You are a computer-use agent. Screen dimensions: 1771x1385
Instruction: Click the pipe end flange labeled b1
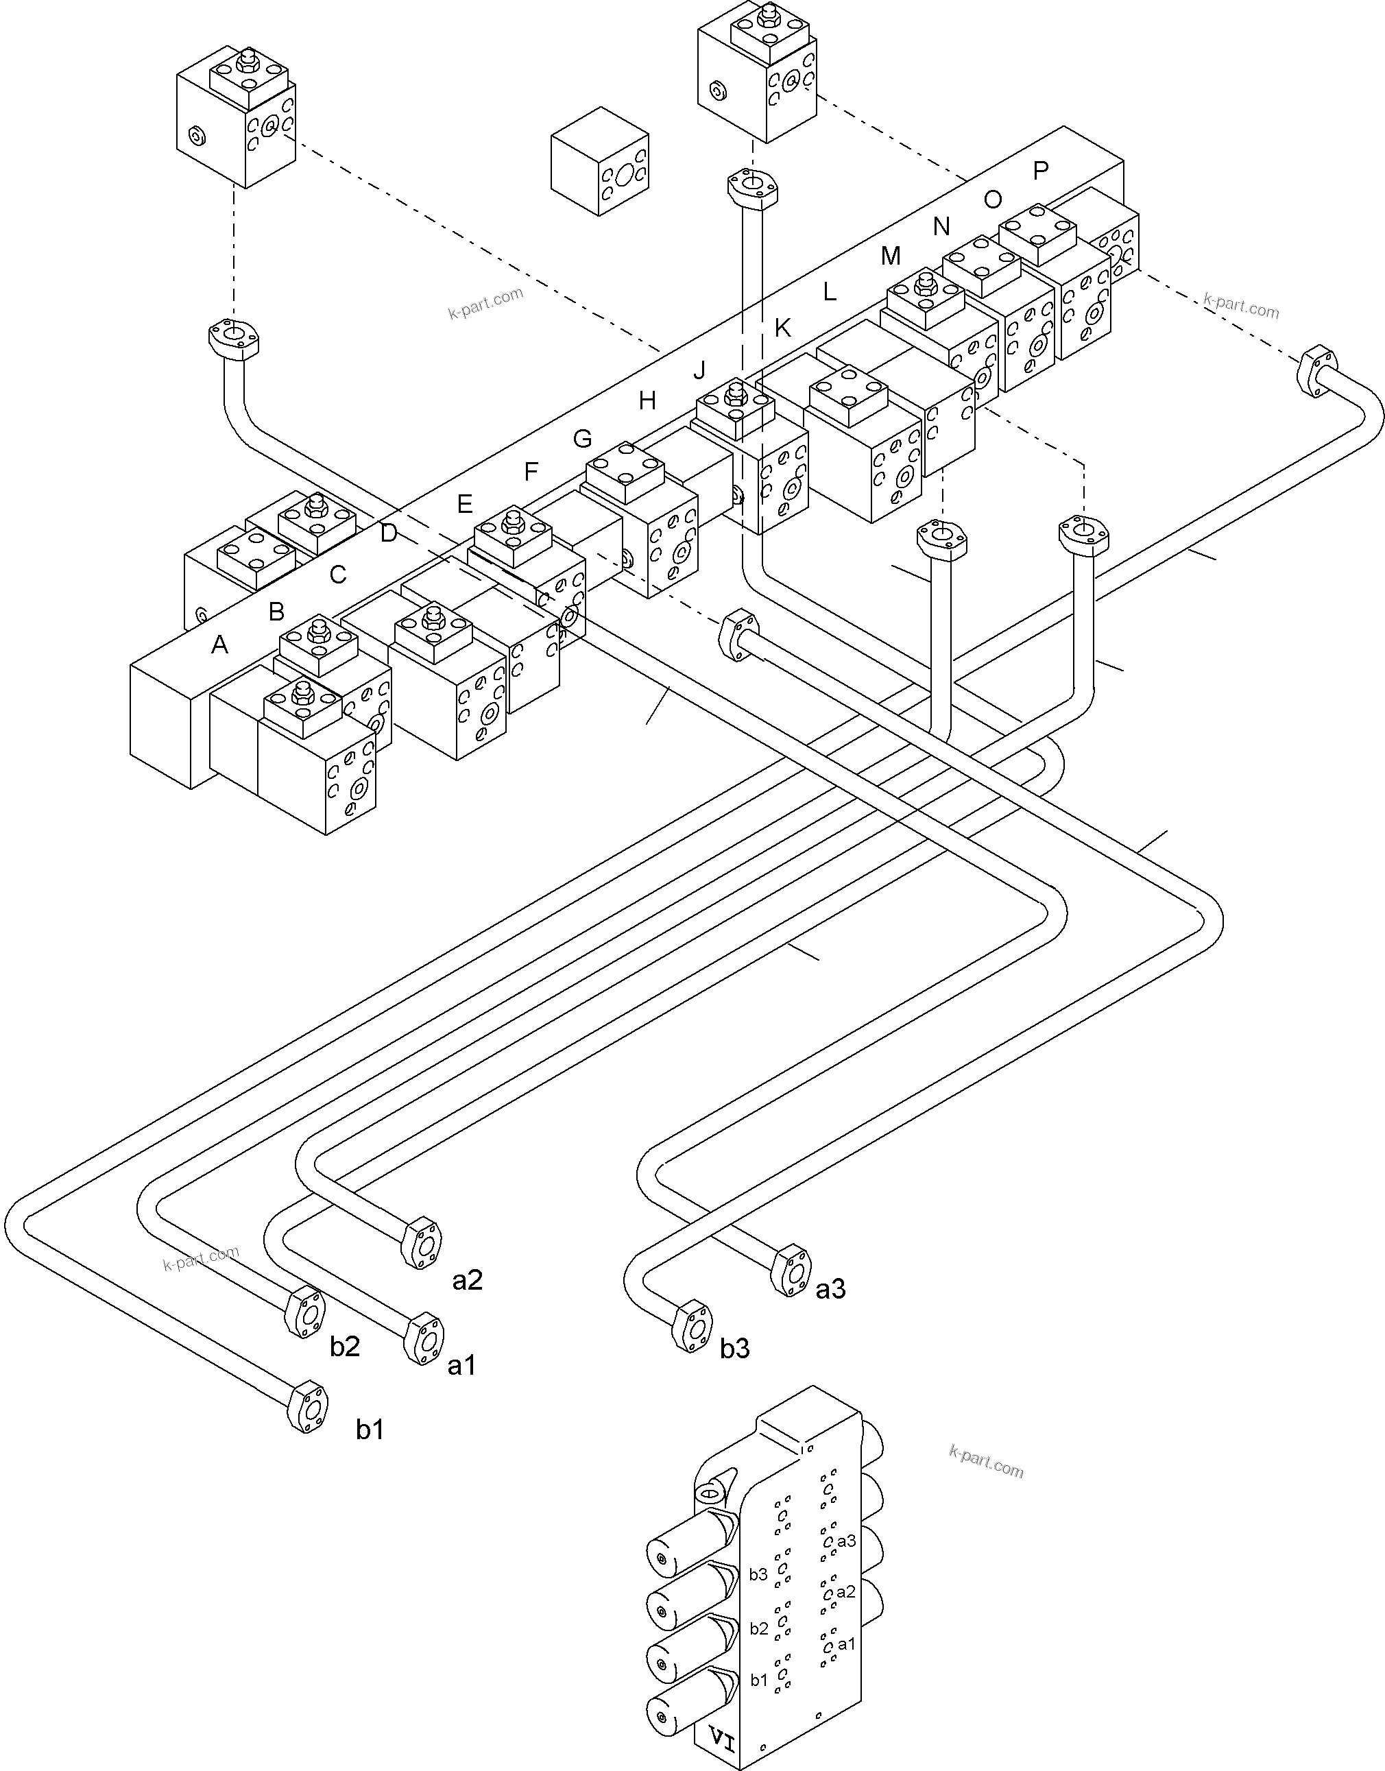pyautogui.click(x=309, y=1408)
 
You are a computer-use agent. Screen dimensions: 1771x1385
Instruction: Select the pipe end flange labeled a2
pyautogui.click(x=423, y=1243)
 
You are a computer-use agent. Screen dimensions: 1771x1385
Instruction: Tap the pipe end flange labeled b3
pyautogui.click(x=694, y=1327)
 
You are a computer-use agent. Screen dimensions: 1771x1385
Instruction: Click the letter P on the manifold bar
pyautogui.click(x=1040, y=170)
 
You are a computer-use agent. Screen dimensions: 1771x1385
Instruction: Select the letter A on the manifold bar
pyautogui.click(x=219, y=644)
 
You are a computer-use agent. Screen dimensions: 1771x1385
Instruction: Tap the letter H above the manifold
pyautogui.click(x=647, y=400)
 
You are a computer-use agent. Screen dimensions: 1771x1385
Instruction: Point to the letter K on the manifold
pyautogui.click(x=782, y=328)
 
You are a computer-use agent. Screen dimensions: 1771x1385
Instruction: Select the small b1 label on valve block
pyautogui.click(x=758, y=1680)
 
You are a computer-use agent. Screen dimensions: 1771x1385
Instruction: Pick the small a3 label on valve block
pyautogui.click(x=846, y=1541)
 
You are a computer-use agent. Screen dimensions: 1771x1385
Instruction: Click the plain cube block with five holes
pyautogui.click(x=600, y=161)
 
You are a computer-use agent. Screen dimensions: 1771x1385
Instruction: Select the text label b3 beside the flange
pyautogui.click(x=734, y=1349)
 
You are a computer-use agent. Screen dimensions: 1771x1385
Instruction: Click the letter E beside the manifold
pyautogui.click(x=463, y=505)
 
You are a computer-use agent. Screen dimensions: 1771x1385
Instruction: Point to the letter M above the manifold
pyautogui.click(x=891, y=256)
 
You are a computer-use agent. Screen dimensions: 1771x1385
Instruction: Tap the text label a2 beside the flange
pyautogui.click(x=467, y=1280)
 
